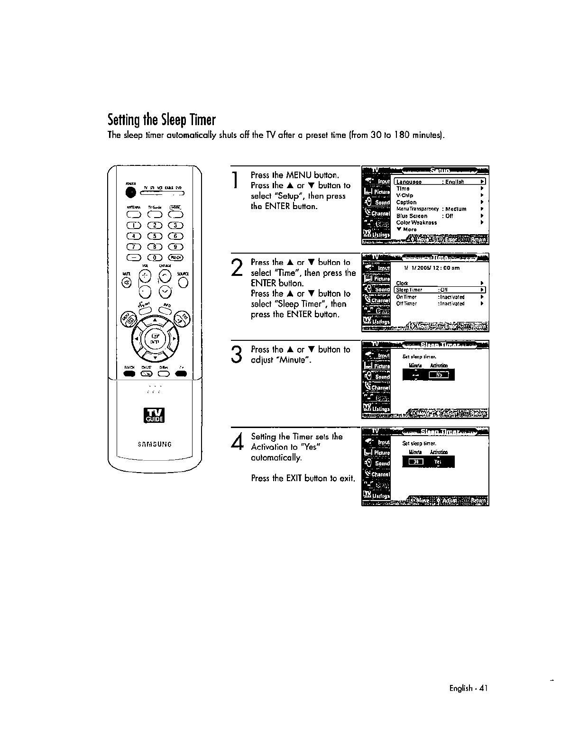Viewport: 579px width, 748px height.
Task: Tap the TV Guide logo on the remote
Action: click(155, 415)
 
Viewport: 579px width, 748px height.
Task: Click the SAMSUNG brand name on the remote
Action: click(155, 444)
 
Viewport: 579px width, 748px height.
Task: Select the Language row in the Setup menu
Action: click(440, 182)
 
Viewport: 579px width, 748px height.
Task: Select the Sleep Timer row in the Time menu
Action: click(440, 290)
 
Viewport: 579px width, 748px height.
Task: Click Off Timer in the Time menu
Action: click(406, 304)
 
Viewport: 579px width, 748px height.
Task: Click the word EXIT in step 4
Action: click(294, 478)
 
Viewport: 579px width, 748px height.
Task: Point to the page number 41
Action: click(483, 688)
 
